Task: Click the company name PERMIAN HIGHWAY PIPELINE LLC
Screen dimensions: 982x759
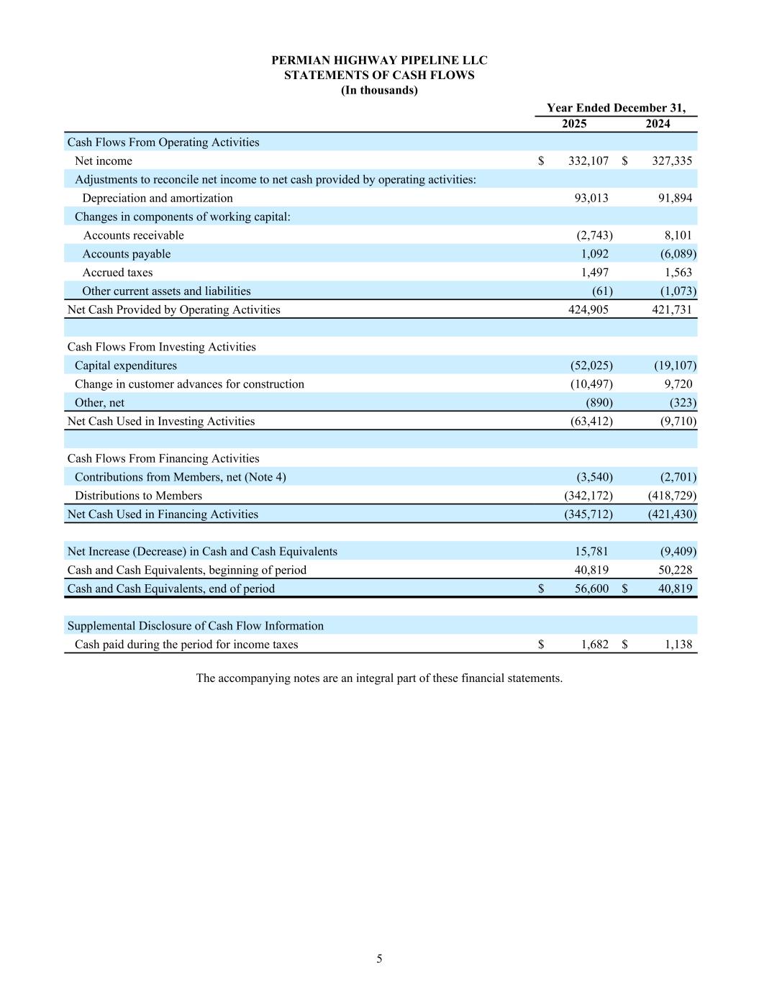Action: pyautogui.click(x=379, y=60)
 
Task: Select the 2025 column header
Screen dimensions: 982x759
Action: pyautogui.click(x=573, y=124)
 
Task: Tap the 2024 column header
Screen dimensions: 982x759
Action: pyautogui.click(x=658, y=124)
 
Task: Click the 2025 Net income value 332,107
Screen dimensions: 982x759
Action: pyautogui.click(x=588, y=161)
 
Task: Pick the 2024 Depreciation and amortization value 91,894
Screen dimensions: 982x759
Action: pyautogui.click(x=675, y=199)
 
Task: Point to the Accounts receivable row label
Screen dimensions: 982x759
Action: pyautogui.click(x=133, y=236)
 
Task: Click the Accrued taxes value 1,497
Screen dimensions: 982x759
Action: pyautogui.click(x=594, y=273)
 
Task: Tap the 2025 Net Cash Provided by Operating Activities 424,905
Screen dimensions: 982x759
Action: pyautogui.click(x=588, y=310)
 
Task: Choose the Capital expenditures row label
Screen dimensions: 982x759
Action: pyautogui.click(x=125, y=366)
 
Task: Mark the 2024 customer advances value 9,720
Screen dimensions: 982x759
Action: pyautogui.click(x=678, y=384)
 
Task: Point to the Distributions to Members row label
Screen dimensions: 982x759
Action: pyautogui.click(x=138, y=496)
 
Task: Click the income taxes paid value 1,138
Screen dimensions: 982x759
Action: pyautogui.click(x=678, y=645)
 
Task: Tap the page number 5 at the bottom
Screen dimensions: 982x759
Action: pyautogui.click(x=379, y=959)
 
